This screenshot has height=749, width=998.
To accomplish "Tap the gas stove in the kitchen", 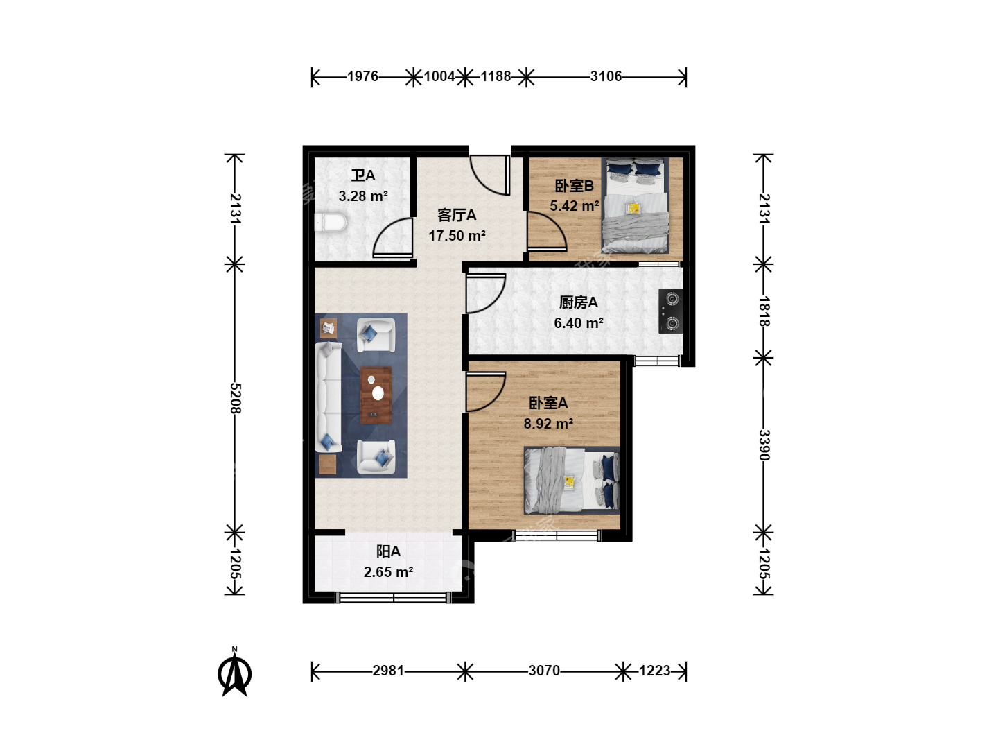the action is pyautogui.click(x=670, y=311).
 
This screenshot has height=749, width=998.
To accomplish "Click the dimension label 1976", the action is pyautogui.click(x=362, y=76).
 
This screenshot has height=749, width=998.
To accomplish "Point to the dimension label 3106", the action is pyautogui.click(x=606, y=76).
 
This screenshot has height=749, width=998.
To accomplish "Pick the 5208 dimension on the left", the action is pyautogui.click(x=235, y=398).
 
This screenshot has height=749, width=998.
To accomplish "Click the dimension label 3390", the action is pyautogui.click(x=764, y=445).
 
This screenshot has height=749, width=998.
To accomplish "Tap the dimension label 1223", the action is pyautogui.click(x=654, y=671).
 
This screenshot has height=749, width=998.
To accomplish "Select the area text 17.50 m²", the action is pyautogui.click(x=457, y=236).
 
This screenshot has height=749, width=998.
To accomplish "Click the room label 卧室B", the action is pyautogui.click(x=575, y=186).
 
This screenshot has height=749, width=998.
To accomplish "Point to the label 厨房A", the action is pyautogui.click(x=578, y=302).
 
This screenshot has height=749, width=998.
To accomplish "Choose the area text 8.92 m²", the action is pyautogui.click(x=548, y=424).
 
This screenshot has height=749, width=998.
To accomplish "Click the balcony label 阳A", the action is pyautogui.click(x=388, y=551).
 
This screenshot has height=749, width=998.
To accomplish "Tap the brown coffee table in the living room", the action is pyautogui.click(x=376, y=395).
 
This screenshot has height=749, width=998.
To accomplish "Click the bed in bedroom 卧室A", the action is pyautogui.click(x=572, y=480).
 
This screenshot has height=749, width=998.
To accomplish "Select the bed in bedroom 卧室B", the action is pyautogui.click(x=636, y=205).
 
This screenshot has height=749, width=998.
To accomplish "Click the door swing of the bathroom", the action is pyautogui.click(x=392, y=238).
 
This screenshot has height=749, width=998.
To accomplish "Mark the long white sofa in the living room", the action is pyautogui.click(x=329, y=397).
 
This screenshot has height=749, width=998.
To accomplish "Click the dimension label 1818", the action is pyautogui.click(x=764, y=311).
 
